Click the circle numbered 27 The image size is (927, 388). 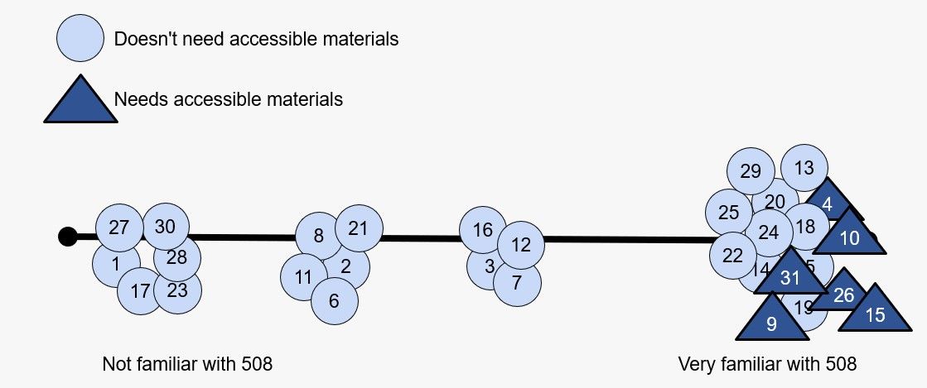point(119,227)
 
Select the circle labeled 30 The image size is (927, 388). point(166,227)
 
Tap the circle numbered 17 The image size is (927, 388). point(140,291)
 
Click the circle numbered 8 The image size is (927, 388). point(319,236)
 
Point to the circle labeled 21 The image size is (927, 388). point(358,228)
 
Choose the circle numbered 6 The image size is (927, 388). point(334,300)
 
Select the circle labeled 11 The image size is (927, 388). point(304,276)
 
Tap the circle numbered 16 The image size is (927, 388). point(483,230)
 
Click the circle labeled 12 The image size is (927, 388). point(521,244)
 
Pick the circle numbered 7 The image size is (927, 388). point(517,283)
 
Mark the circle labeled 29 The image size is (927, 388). point(751,172)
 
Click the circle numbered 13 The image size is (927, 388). point(804,168)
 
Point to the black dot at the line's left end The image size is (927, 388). point(67,237)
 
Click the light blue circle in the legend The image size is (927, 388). point(80,38)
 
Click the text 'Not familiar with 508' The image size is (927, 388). point(187,364)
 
